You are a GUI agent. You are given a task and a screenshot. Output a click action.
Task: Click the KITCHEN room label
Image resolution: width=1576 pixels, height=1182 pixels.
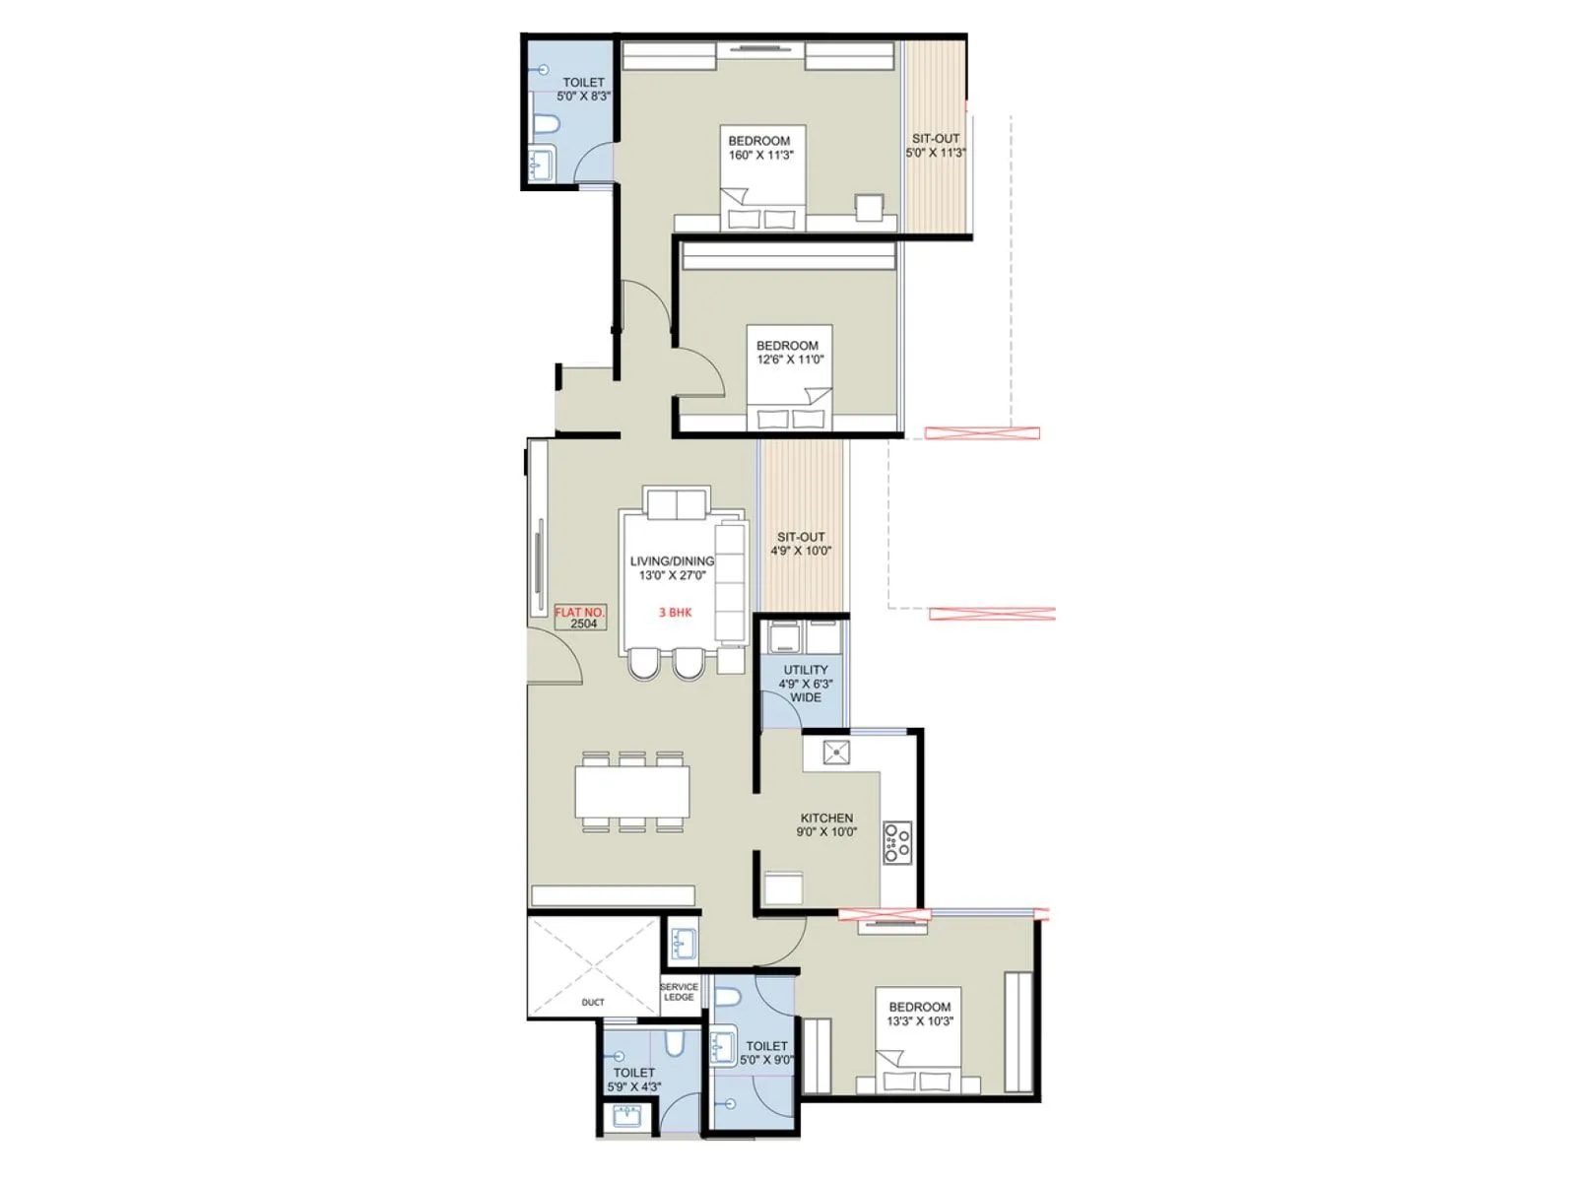point(826,819)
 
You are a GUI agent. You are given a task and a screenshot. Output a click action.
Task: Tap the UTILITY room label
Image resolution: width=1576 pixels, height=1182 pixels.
point(805,670)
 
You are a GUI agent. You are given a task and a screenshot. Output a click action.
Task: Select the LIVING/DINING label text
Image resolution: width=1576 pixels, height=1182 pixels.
point(672,561)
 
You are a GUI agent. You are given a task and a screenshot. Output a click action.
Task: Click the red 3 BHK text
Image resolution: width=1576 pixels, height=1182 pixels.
point(676,613)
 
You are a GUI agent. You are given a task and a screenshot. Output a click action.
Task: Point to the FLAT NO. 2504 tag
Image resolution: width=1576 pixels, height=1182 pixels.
point(580,618)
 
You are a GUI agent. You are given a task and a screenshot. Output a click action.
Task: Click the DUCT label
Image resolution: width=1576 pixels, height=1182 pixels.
point(593,1003)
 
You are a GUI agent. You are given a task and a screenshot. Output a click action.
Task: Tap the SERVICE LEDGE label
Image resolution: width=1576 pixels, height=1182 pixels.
point(679,992)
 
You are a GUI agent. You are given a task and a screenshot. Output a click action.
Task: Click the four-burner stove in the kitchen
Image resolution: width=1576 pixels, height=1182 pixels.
point(897,843)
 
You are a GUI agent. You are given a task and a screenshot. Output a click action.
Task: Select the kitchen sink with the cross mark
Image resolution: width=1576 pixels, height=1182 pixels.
point(835,754)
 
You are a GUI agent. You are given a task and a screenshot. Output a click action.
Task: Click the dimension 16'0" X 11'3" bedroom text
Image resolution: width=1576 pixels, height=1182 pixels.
point(760,156)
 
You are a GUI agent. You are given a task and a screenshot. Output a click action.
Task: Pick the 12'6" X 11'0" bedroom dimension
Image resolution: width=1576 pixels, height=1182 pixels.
point(790,361)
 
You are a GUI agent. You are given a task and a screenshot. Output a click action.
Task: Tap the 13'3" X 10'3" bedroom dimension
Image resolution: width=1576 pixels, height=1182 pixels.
point(920,1021)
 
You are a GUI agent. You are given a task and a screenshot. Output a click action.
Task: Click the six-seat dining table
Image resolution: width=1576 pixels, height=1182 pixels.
point(631,792)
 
